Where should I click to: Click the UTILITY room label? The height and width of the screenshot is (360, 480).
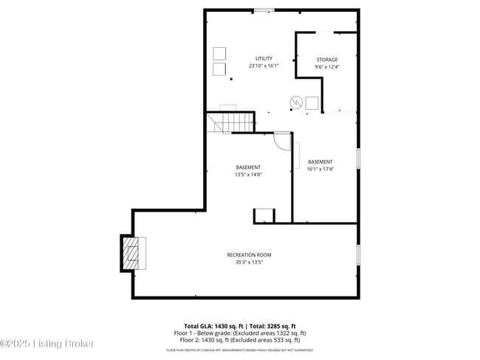(x=264, y=58)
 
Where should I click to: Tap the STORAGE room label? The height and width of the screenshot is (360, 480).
(x=327, y=60)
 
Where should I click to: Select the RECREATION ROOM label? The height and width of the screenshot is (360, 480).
(x=249, y=255)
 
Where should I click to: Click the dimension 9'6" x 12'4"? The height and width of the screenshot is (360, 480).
(x=327, y=67)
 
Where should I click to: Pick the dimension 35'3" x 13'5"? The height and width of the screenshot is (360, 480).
(x=249, y=262)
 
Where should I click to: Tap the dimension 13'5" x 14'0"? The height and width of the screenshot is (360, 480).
(x=248, y=175)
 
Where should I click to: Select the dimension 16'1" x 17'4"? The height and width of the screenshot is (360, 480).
(x=320, y=169)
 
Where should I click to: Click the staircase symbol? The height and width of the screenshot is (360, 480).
(x=231, y=122)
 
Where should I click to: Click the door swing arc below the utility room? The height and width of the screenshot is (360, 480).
(x=282, y=140)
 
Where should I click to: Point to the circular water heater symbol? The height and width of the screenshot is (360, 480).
(x=295, y=101)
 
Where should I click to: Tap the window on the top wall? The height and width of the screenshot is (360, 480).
(x=264, y=10)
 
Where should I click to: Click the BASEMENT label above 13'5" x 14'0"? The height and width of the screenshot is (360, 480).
(x=248, y=167)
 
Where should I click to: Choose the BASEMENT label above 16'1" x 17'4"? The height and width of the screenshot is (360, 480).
(x=320, y=162)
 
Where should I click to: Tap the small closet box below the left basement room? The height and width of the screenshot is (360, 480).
(x=264, y=215)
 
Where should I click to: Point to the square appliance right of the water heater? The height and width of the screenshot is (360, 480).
(x=312, y=103)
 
